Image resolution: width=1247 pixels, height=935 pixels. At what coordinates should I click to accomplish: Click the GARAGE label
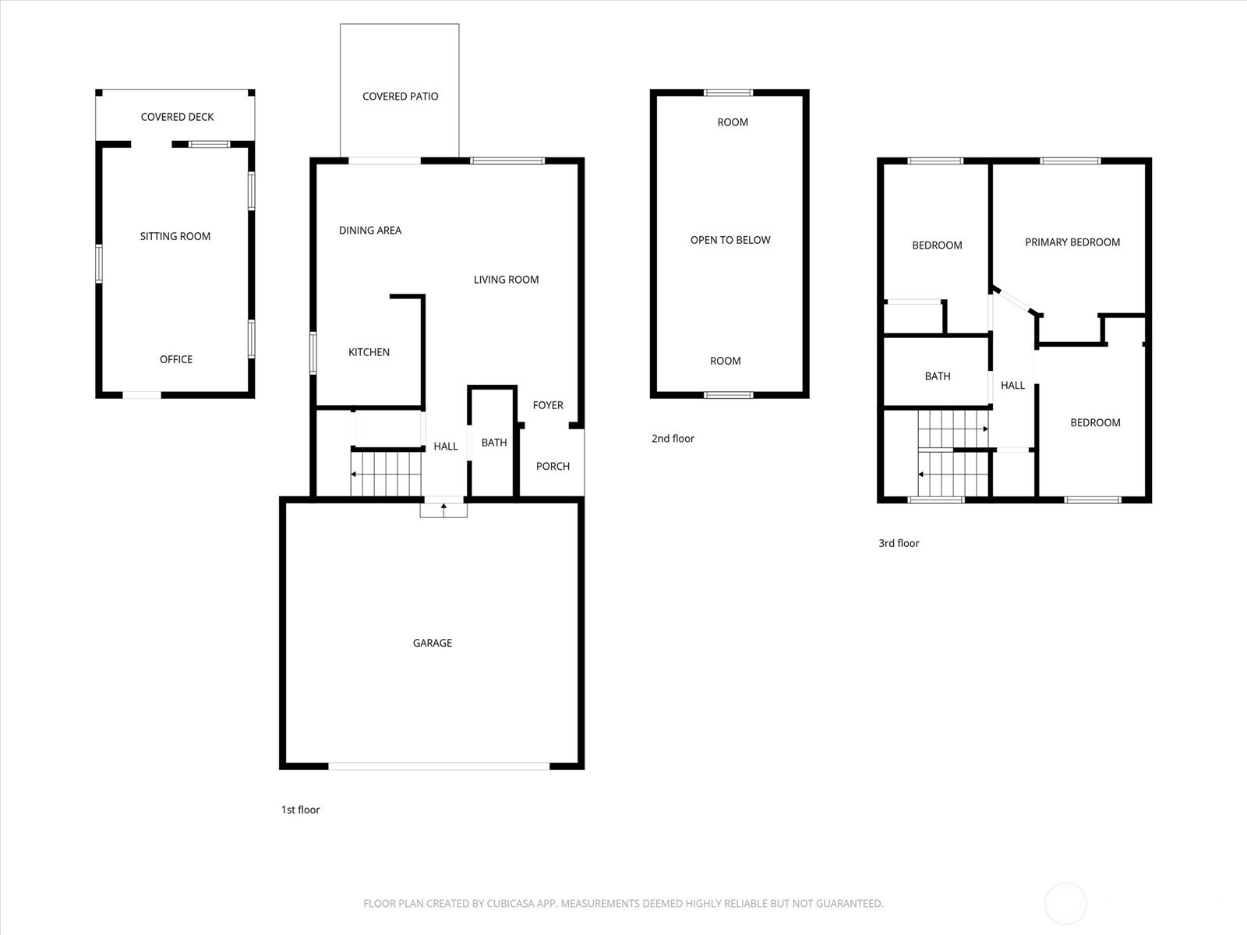[432, 643]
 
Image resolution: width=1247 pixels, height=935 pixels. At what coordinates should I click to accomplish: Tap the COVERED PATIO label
[400, 97]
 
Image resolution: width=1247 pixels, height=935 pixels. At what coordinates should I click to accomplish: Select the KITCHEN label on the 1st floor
[369, 352]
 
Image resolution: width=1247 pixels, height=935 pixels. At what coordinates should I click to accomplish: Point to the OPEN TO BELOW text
[729, 240]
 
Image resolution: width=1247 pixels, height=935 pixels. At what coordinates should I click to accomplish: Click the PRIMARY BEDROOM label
[1072, 242]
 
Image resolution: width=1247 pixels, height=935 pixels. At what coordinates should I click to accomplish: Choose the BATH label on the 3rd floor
[937, 376]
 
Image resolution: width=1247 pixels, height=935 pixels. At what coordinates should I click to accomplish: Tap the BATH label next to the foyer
[493, 443]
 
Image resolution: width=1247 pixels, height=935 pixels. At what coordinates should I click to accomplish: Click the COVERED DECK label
[177, 117]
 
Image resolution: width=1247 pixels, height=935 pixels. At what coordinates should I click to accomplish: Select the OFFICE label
[175, 359]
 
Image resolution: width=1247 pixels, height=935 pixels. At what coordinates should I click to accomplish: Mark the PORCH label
[553, 466]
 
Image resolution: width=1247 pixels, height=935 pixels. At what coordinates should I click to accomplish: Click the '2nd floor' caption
[672, 439]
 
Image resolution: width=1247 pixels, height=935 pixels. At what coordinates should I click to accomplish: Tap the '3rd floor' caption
[898, 543]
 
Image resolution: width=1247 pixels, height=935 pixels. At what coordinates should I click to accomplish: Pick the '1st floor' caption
[300, 810]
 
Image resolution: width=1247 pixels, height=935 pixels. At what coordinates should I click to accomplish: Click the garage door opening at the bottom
[439, 766]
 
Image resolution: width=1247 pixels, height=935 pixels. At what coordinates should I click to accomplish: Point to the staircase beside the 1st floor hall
[386, 473]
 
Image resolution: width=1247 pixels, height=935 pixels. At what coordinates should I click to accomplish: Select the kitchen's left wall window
[313, 353]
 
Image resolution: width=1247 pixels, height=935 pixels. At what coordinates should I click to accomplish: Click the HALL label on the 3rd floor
[1012, 385]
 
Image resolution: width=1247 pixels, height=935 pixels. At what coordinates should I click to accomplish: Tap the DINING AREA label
[369, 231]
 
